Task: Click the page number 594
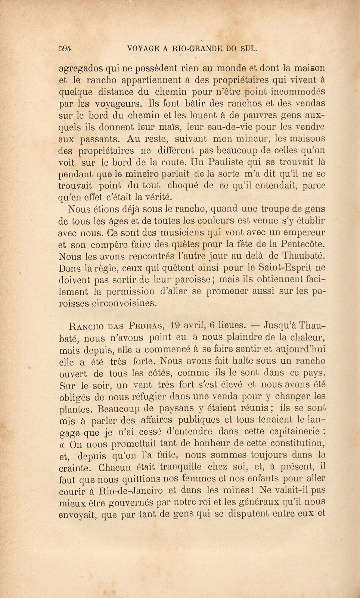click(x=65, y=48)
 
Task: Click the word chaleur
click(x=302, y=337)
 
